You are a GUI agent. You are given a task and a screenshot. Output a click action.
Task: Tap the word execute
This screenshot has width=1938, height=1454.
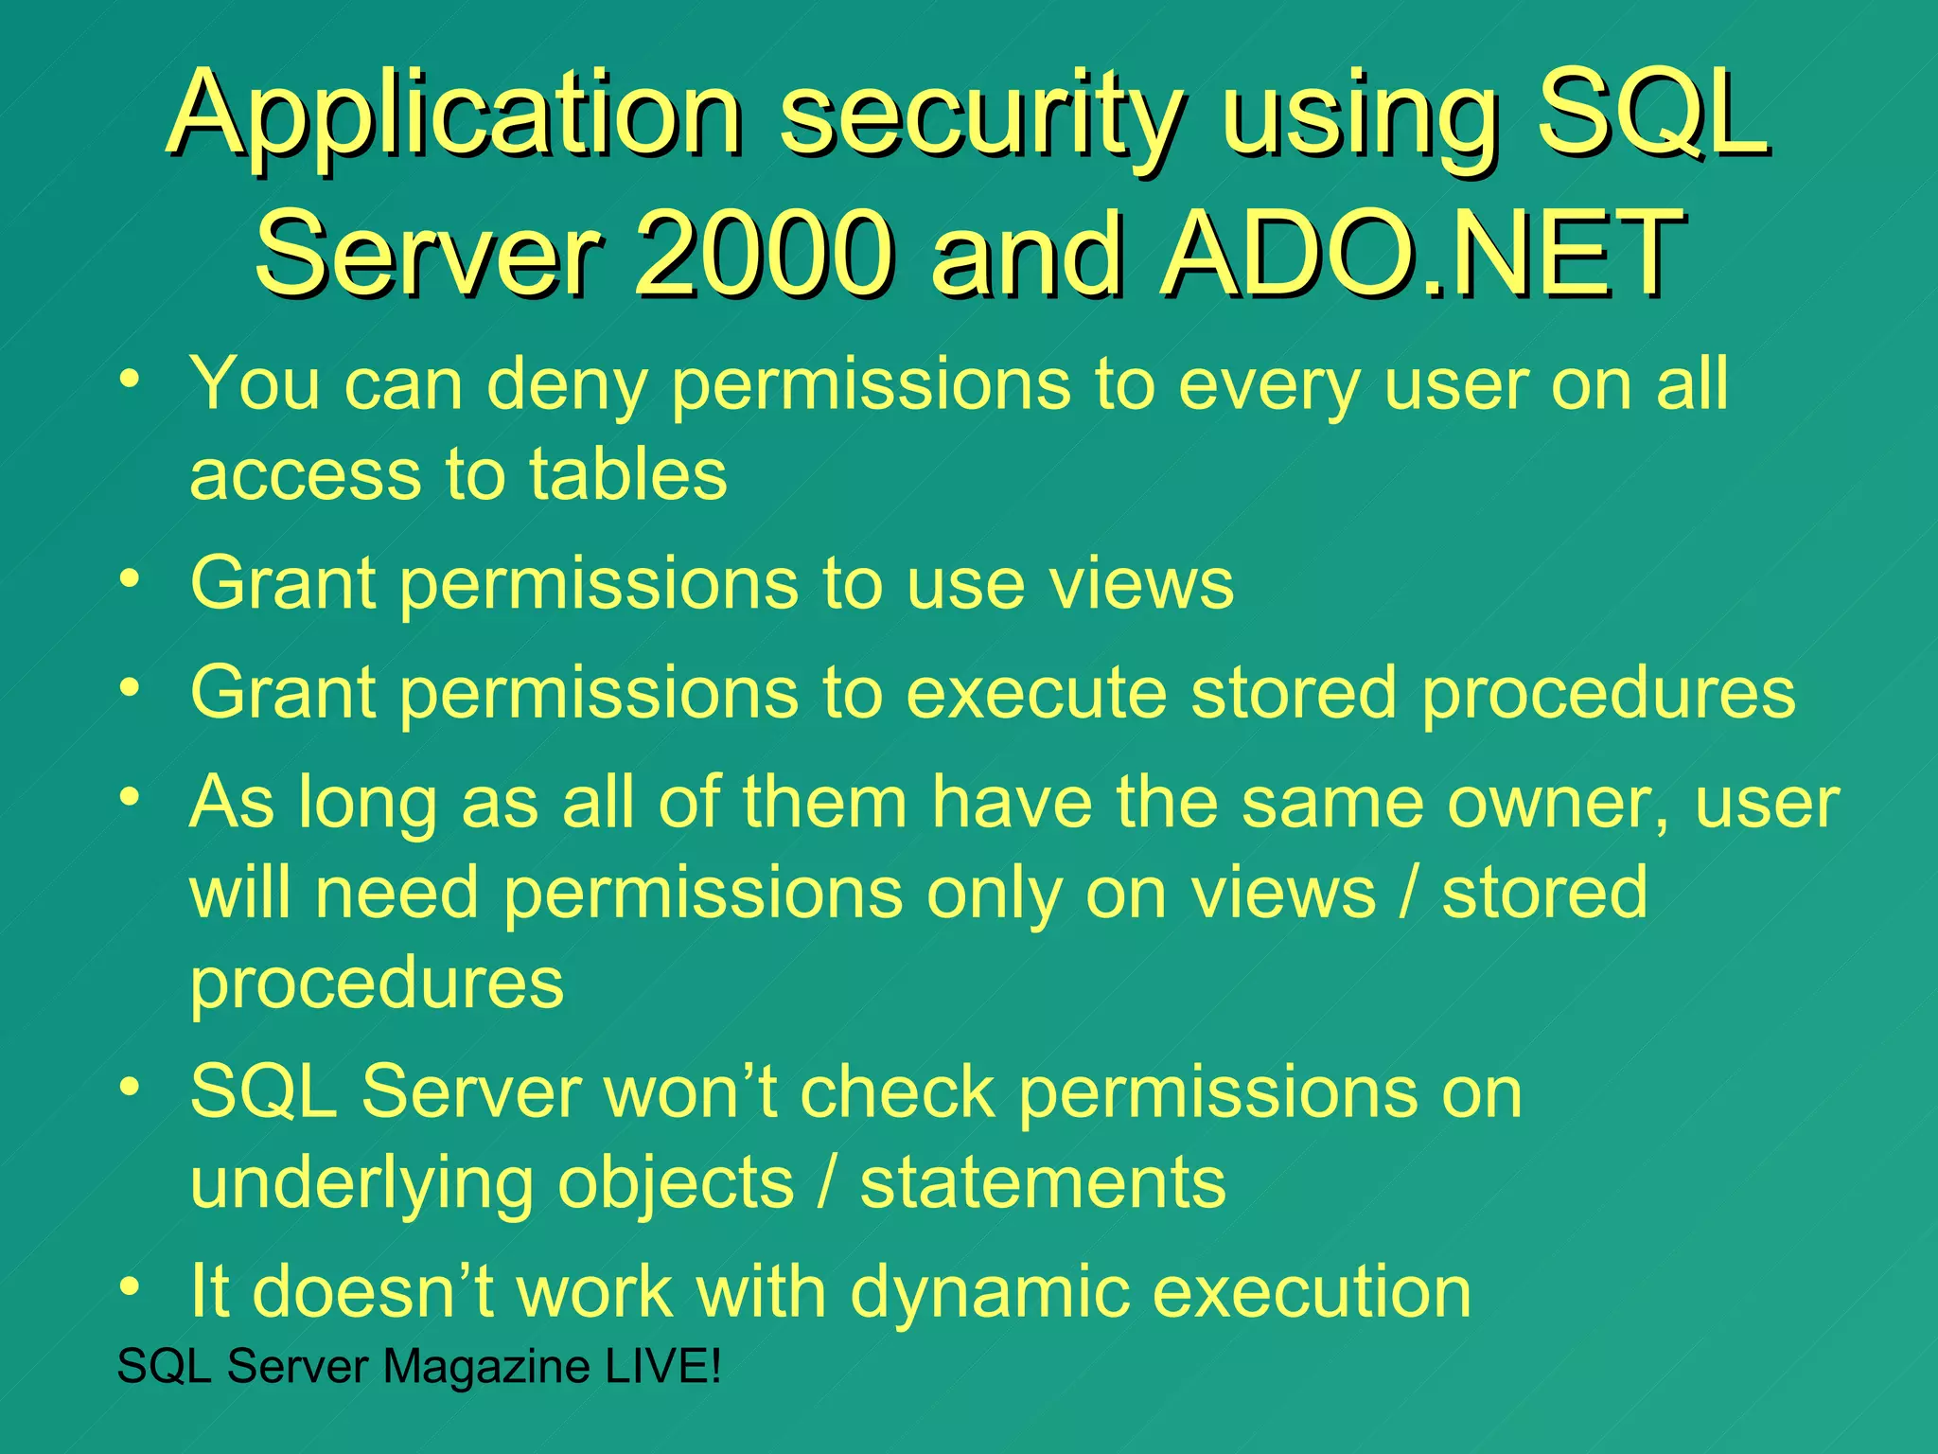pyautogui.click(x=1036, y=692)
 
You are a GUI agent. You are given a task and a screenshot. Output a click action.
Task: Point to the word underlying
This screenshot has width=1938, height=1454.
pyautogui.click(x=361, y=1183)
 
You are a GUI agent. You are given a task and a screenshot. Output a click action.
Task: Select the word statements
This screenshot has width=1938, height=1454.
pyautogui.click(x=1042, y=1183)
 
